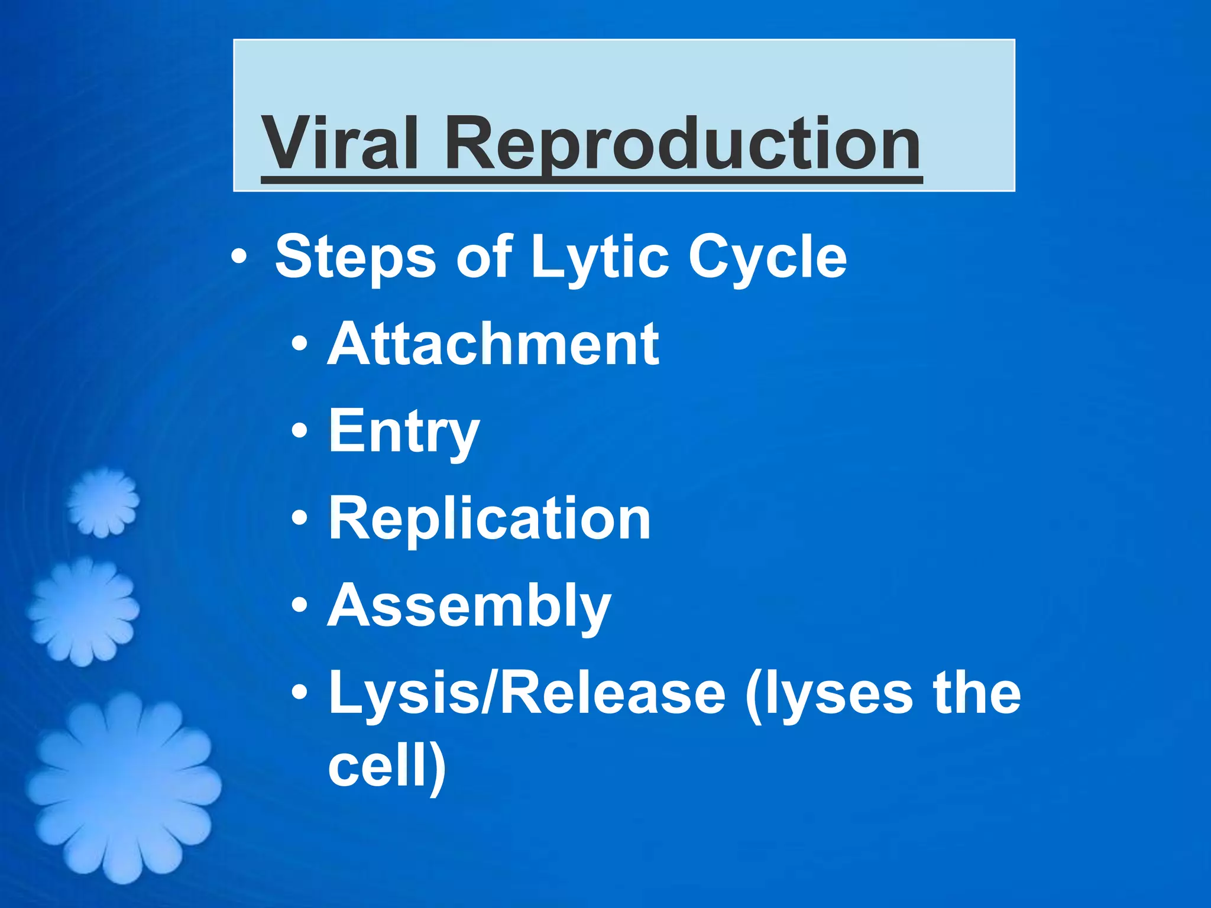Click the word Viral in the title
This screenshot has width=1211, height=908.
tap(340, 144)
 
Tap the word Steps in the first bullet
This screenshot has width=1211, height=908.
tap(355, 257)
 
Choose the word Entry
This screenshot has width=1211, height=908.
tap(404, 432)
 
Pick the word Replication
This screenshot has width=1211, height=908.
tap(489, 518)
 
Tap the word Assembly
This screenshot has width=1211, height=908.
tap(469, 606)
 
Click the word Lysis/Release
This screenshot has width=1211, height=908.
tap(526, 693)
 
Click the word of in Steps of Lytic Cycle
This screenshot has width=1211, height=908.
tap(483, 257)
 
